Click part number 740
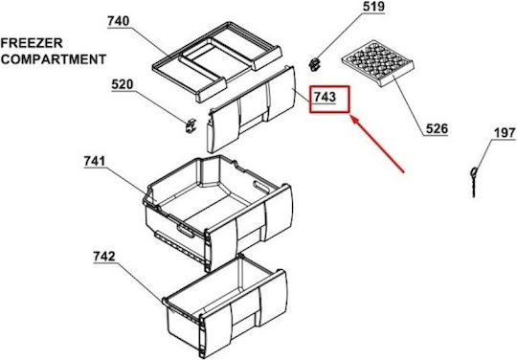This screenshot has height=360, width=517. point(119,21)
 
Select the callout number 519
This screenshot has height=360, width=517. point(374,7)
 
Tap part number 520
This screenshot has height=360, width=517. point(123,84)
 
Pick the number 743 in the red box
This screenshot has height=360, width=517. point(325,97)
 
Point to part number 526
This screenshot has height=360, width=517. point(437,128)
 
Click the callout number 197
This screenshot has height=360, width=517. point(505,133)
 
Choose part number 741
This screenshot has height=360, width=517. point(95,161)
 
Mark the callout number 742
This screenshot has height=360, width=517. point(104,257)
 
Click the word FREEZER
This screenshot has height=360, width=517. point(32,43)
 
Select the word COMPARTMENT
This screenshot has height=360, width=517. point(54,59)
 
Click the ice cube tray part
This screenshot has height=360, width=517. point(378,62)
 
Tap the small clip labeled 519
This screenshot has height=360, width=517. point(315,63)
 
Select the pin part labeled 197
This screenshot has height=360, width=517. point(474,182)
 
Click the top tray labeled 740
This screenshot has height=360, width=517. point(217,61)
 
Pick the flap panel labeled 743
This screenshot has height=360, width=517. point(251,109)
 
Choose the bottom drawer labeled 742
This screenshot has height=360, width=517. point(226,306)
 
